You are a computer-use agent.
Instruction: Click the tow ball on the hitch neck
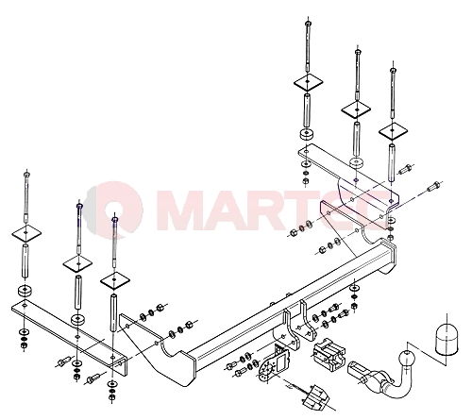407,359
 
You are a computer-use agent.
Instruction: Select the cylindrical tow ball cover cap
447,338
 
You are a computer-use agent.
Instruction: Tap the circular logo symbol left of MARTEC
115,208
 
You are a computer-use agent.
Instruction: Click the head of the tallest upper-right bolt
308,23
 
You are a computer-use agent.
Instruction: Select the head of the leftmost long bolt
26,174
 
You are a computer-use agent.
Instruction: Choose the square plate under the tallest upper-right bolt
309,83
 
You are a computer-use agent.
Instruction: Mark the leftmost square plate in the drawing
26,233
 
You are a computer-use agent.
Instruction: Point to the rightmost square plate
393,130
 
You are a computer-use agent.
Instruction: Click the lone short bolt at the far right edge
433,186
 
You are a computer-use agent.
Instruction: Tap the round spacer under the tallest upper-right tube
307,134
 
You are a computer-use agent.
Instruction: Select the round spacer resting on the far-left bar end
25,291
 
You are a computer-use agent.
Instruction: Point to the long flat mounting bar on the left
68,332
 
